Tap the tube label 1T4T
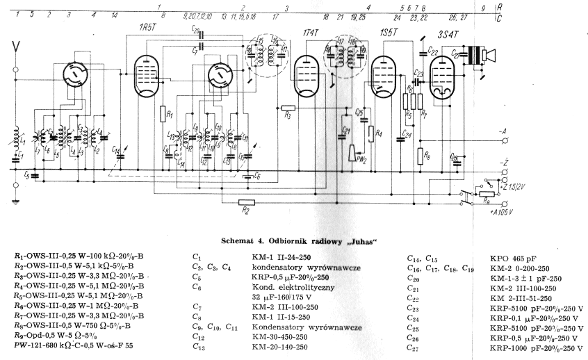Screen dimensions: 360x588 [x=312, y=33]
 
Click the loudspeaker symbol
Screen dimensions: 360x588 [x=482, y=55]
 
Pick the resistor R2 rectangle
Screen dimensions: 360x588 [x=245, y=202]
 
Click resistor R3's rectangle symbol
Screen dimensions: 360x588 [x=288, y=109]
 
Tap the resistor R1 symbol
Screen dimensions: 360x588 [x=161, y=114]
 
